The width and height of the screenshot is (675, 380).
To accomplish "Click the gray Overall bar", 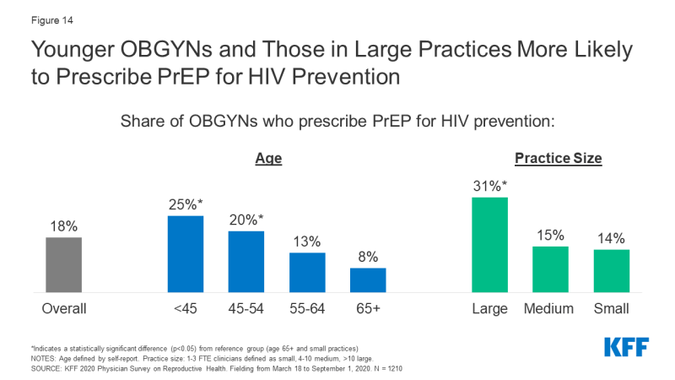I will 64,264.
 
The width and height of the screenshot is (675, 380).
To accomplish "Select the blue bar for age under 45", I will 186,253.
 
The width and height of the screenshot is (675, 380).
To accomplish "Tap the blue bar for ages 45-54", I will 246,261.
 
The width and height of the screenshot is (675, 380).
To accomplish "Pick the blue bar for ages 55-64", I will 307,272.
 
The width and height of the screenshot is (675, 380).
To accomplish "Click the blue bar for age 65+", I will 368,280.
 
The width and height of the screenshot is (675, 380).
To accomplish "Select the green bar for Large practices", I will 489,244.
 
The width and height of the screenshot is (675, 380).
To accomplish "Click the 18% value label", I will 64,226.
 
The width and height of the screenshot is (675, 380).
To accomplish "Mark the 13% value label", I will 307,242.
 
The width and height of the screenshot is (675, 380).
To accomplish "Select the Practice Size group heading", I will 558,158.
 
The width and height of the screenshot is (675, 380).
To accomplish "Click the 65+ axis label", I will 368,308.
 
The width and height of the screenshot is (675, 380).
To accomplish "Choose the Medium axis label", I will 550,308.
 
